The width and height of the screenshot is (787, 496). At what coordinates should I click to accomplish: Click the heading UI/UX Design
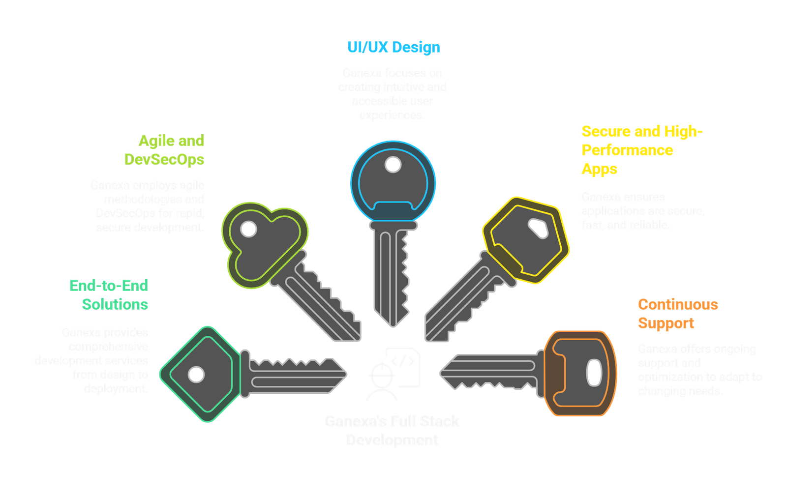coord(394,47)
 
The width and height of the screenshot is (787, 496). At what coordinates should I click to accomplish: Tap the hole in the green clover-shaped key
coord(248,229)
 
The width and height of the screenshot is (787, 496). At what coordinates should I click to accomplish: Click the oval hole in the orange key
coord(594,373)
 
